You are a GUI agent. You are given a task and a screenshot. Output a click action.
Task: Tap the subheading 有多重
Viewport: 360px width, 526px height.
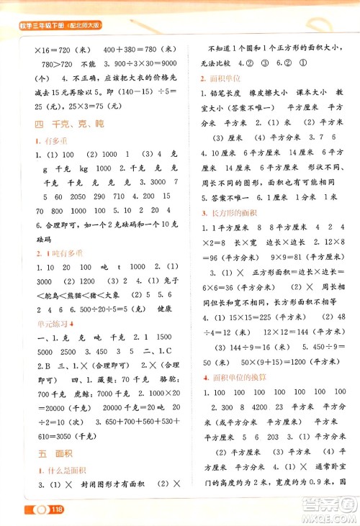click(41, 141)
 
